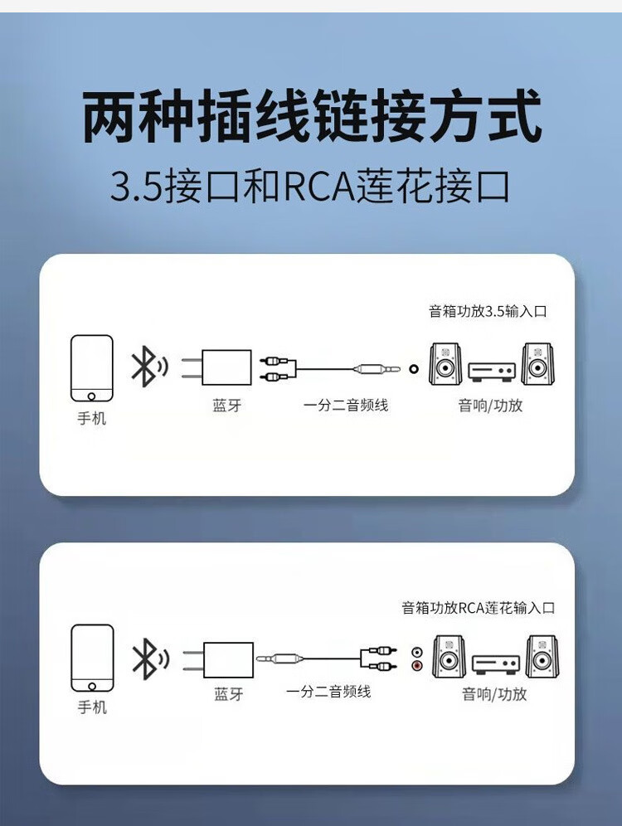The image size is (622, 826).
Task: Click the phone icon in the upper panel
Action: click(x=91, y=368)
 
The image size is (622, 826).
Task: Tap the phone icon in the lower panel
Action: click(x=92, y=658)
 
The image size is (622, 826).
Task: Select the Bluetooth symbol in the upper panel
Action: click(x=149, y=366)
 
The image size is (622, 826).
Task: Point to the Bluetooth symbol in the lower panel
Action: click(x=150, y=658)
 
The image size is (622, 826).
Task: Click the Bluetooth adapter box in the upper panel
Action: click(x=226, y=367)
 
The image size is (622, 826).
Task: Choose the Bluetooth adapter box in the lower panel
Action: click(x=228, y=659)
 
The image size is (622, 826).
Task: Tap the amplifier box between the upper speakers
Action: click(x=492, y=371)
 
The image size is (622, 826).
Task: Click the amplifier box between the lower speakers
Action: click(x=496, y=663)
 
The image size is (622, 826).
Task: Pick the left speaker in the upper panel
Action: click(x=445, y=364)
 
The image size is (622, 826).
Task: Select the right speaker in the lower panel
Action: click(x=542, y=656)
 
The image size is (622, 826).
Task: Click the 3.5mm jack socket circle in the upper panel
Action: click(x=414, y=369)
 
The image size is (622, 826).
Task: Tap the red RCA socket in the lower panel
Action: click(x=417, y=666)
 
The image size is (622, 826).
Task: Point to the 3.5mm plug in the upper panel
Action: click(x=377, y=369)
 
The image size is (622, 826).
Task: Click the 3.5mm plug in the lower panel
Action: click(x=279, y=658)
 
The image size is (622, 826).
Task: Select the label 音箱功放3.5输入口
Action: click(x=488, y=311)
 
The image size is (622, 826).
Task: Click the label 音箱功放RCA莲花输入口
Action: click(x=479, y=608)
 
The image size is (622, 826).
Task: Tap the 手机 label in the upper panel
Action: click(x=91, y=418)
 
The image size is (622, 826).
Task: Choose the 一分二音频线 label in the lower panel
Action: click(x=328, y=692)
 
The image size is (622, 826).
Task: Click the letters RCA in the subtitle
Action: click(x=319, y=187)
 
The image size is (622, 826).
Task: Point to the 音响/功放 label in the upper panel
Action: click(x=490, y=405)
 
